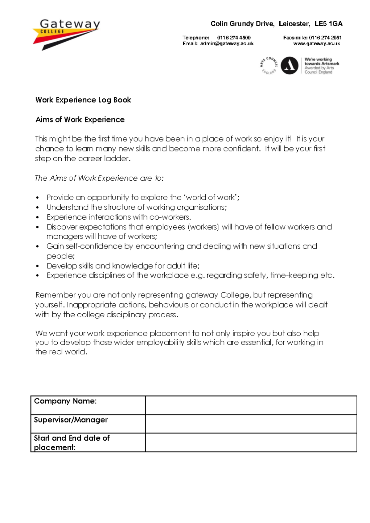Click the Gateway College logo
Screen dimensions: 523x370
(x=66, y=34)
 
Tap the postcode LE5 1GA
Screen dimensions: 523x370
(x=328, y=24)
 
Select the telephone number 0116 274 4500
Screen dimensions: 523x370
(x=234, y=38)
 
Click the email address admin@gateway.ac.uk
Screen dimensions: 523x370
(x=227, y=44)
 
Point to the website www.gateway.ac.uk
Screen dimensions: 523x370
(x=316, y=44)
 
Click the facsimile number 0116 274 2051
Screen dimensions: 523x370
(x=325, y=38)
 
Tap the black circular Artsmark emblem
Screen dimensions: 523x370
(x=290, y=65)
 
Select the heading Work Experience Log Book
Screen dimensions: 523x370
(x=83, y=100)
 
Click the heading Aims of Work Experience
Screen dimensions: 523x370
(x=80, y=120)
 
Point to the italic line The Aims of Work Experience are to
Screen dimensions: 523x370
(x=99, y=178)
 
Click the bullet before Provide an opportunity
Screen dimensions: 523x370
(x=38, y=198)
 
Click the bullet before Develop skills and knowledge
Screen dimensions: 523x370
(x=38, y=266)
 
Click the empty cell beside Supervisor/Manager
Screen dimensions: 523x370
(x=251, y=424)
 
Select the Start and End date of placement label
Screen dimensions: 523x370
(x=72, y=443)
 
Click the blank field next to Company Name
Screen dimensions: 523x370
(x=251, y=405)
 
